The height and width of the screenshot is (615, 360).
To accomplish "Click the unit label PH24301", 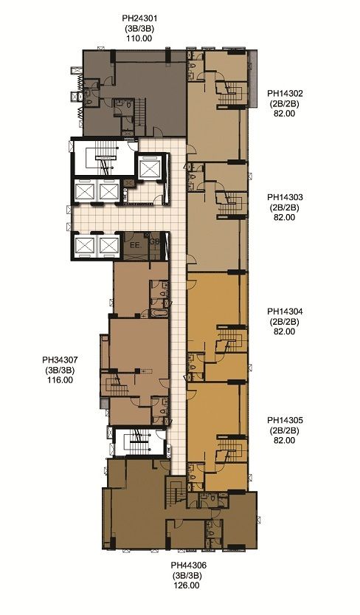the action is click(139, 18).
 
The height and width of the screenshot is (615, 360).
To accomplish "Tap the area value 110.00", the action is click(139, 38).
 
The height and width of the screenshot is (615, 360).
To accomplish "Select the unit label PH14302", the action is click(285, 93).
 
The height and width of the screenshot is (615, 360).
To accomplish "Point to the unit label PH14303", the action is click(285, 197).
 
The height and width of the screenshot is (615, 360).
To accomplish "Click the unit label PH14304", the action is click(285, 312).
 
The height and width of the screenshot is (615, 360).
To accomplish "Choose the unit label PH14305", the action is click(285, 420).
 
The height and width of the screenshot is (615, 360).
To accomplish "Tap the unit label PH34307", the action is click(60, 360).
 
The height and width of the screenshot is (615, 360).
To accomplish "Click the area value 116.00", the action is click(60, 380).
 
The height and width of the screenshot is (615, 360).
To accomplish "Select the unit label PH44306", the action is click(188, 566).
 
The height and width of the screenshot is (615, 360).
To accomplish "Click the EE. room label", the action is click(135, 247).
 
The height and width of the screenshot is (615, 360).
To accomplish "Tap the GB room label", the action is click(155, 241).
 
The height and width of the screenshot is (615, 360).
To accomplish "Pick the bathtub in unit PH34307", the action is click(159, 313).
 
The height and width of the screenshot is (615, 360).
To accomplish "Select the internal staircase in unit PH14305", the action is click(232, 450).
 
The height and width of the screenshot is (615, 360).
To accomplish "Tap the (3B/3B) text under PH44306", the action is click(187, 575).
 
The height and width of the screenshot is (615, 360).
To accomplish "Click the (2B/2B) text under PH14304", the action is click(285, 322).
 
